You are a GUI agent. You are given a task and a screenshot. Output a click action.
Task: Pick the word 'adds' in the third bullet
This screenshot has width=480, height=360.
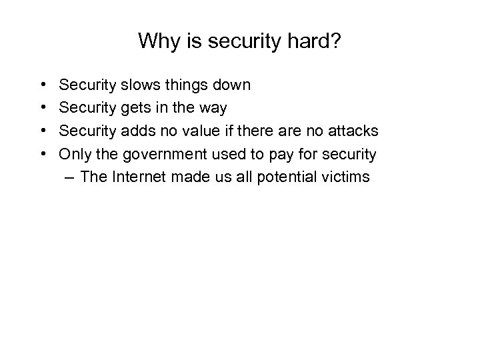click(136, 131)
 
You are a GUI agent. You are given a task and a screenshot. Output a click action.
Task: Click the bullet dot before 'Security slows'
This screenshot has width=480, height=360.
click(43, 85)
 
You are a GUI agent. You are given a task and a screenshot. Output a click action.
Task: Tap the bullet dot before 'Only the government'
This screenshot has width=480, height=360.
click(43, 155)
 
